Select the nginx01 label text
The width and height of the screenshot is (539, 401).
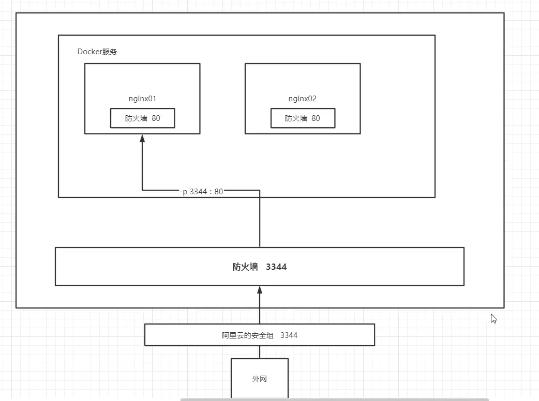(142, 99)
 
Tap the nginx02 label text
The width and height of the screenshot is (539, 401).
(302, 99)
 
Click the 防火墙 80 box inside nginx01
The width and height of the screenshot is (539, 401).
(142, 118)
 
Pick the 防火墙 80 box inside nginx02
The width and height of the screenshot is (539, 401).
(303, 118)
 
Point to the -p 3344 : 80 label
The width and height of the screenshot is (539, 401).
(201, 191)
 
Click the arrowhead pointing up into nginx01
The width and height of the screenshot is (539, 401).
(142, 138)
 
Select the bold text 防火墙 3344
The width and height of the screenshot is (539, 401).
(259, 267)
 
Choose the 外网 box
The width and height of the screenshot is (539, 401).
(259, 379)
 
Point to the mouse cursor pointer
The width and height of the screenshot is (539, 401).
(493, 318)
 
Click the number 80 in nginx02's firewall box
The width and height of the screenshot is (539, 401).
(316, 118)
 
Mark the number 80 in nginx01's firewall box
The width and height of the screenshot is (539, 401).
(156, 118)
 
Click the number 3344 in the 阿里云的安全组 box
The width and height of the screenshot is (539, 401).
(289, 335)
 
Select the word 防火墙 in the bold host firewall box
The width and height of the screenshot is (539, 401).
(245, 267)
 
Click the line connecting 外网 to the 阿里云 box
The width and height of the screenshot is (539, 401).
(260, 352)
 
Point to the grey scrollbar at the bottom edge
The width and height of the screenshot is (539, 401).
(334, 399)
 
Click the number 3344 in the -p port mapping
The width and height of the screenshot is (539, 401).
(198, 191)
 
